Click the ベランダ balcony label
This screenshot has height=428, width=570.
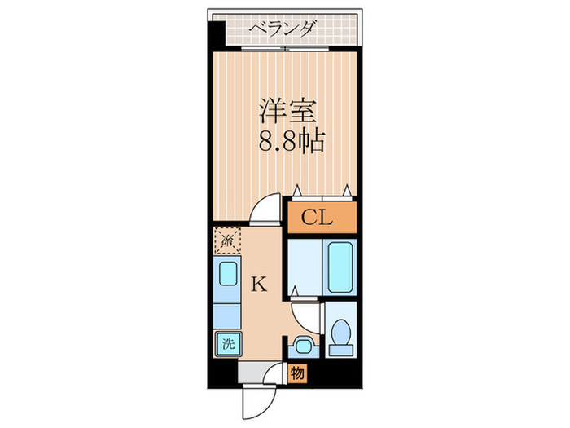(283, 30)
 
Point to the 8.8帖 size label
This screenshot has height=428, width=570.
(292, 143)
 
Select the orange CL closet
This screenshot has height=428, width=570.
(320, 218)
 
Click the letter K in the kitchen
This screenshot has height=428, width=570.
(258, 285)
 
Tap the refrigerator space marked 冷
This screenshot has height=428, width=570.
(227, 240)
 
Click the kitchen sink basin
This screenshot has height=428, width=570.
(228, 273)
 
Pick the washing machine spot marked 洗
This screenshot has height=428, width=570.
(227, 343)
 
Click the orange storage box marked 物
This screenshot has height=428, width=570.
(298, 373)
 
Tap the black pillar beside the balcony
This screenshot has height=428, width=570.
(216, 37)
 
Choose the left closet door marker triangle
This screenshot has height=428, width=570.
(298, 189)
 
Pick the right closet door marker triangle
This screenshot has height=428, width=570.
(348, 189)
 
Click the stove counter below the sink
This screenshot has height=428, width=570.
(227, 310)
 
